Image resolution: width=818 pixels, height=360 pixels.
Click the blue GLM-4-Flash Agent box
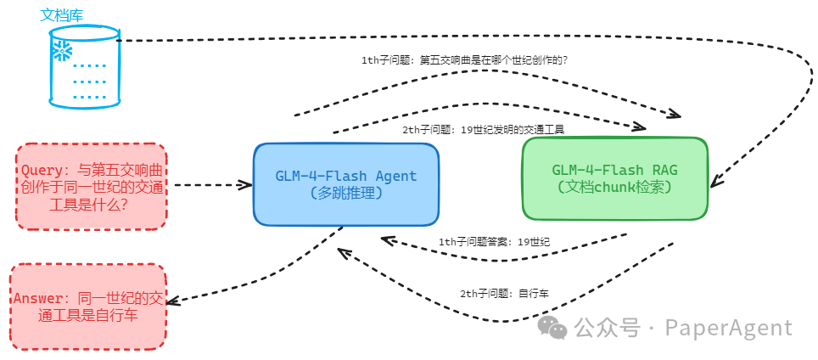tap(346, 184)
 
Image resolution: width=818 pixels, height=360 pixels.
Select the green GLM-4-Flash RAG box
tap(615, 178)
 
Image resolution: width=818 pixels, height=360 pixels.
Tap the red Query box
tap(91, 186)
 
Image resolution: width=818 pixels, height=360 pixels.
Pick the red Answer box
tap(87, 307)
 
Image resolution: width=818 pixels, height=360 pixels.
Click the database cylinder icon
tap(83, 67)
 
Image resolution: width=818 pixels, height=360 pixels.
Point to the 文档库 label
tap(62, 14)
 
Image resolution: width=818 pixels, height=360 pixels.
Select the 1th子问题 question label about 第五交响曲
tap(464, 60)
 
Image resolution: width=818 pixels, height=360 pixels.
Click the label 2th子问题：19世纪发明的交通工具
tap(483, 129)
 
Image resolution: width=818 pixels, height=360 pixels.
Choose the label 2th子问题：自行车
tap(504, 293)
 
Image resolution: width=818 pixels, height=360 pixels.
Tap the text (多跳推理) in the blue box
tap(346, 194)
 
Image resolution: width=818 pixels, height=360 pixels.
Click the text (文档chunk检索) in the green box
tap(615, 187)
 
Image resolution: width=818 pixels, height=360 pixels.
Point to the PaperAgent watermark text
tap(728, 328)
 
